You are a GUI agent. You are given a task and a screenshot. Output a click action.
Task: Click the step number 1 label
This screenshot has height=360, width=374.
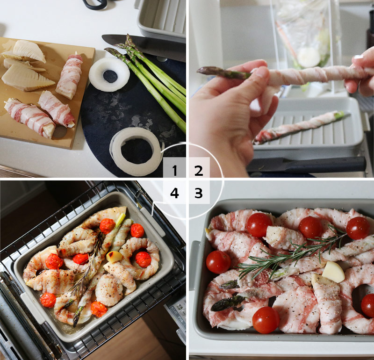click(x=175, y=170)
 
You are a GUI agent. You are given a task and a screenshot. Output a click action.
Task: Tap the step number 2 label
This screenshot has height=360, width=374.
click(x=199, y=170)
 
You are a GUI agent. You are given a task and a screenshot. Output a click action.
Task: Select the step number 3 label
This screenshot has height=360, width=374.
click(x=199, y=193)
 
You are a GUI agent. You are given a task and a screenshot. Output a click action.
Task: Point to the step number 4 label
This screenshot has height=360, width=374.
click(x=174, y=193)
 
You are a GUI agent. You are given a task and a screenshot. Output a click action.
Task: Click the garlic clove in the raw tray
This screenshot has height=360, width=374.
click(x=333, y=272)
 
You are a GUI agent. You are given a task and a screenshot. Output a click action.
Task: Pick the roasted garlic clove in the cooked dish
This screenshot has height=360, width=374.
click(x=114, y=257)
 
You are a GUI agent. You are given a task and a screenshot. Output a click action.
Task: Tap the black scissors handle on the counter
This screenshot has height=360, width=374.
click(x=95, y=4)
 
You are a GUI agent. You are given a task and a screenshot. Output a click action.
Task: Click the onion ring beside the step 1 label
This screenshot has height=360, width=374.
click(x=136, y=151)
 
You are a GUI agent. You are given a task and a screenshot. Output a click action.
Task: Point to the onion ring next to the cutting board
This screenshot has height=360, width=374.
click(x=109, y=74)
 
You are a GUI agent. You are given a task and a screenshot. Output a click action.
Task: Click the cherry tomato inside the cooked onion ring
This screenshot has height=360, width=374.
click(x=143, y=259)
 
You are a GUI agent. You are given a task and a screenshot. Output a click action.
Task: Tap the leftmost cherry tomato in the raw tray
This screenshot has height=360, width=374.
click(x=218, y=262)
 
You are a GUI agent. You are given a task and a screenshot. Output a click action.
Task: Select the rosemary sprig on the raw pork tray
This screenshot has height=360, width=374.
click(x=294, y=254)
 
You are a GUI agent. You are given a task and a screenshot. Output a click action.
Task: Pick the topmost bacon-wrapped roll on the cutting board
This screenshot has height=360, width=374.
click(x=69, y=76)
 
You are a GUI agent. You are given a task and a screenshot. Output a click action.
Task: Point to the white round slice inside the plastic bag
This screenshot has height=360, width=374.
click(x=309, y=57)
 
